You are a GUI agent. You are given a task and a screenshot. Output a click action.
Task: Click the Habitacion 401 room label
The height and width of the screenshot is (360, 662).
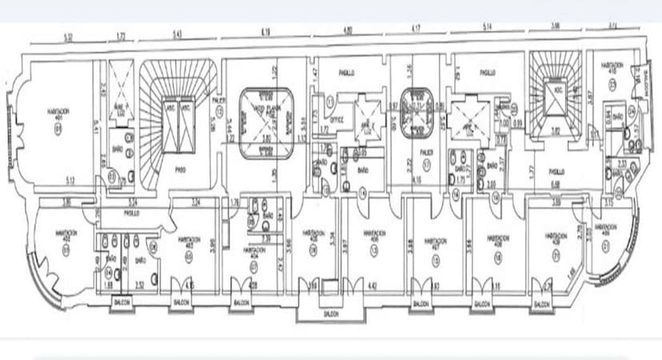(56, 112)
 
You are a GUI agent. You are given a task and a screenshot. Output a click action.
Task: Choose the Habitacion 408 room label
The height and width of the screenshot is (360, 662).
(498, 239)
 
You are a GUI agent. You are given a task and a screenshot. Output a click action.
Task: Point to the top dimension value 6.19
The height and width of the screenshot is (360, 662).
(265, 32)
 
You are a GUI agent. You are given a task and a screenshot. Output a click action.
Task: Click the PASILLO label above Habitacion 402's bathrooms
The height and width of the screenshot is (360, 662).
(133, 214)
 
